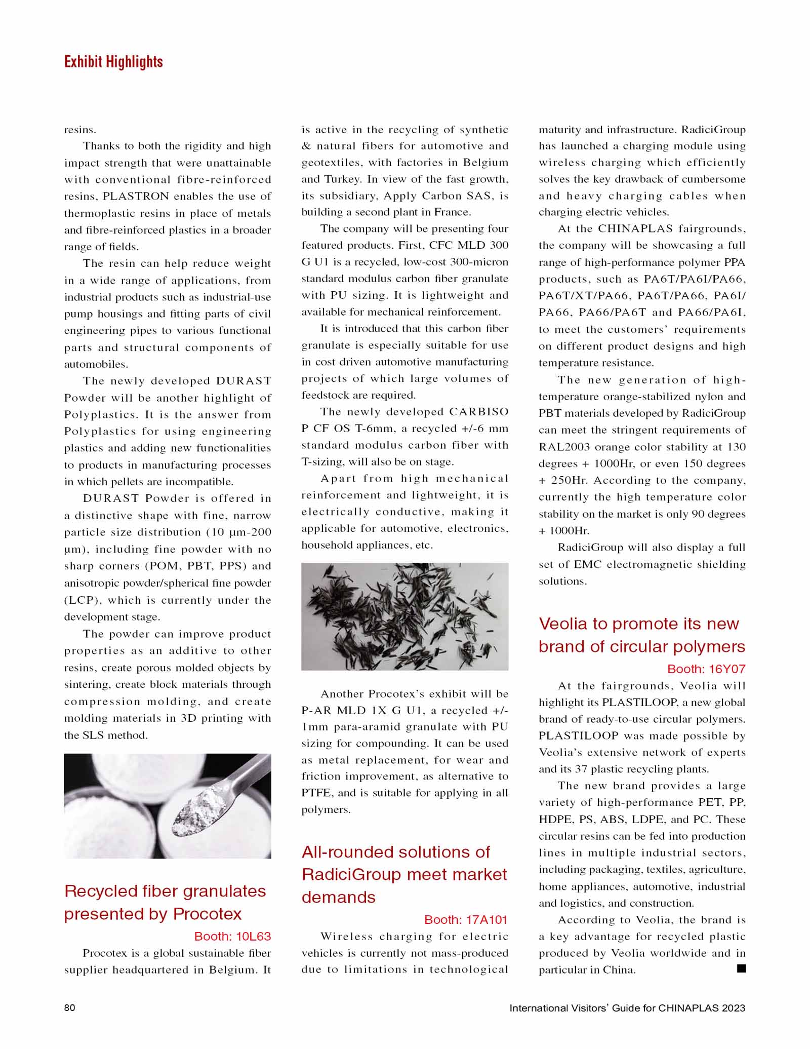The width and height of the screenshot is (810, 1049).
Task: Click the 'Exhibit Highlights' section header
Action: pyautogui.click(x=113, y=62)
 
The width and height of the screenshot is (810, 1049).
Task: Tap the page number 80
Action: pyautogui.click(x=70, y=1007)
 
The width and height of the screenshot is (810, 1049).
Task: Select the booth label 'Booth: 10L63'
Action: pyautogui.click(x=232, y=936)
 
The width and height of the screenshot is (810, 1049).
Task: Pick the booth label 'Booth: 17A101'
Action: pyautogui.click(x=465, y=919)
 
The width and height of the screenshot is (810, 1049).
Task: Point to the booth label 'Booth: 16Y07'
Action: pyautogui.click(x=706, y=669)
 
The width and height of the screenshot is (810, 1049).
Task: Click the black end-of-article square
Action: pyautogui.click(x=741, y=968)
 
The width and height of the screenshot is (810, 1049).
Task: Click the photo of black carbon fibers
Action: pyautogui.click(x=404, y=616)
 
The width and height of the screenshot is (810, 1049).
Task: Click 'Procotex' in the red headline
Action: pyautogui.click(x=207, y=913)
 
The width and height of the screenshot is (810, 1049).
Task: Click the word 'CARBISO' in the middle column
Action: pyautogui.click(x=478, y=411)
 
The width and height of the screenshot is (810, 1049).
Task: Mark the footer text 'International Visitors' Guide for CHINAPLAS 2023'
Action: pyautogui.click(x=627, y=1007)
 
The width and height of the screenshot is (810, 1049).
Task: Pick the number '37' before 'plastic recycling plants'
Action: pyautogui.click(x=581, y=769)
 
